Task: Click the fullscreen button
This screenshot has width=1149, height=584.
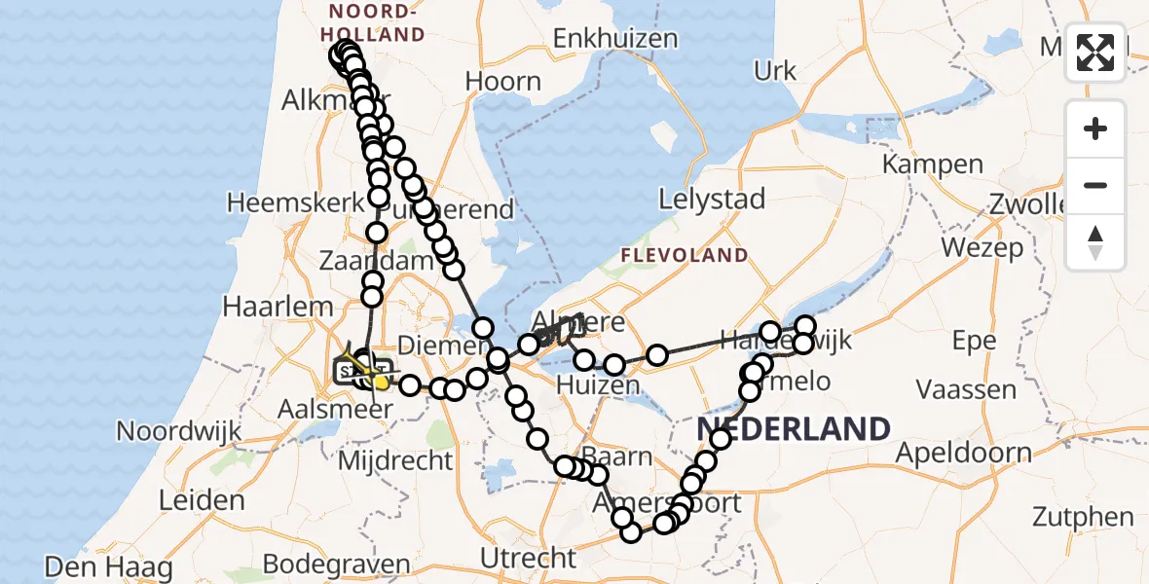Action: [1095, 52]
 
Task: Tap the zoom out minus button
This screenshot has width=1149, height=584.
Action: [1095, 186]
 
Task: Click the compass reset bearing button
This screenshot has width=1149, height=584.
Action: [1095, 242]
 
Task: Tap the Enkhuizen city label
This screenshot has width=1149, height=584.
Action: [614, 39]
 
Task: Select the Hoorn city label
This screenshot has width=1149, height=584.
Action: [502, 82]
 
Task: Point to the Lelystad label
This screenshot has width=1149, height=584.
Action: [712, 200]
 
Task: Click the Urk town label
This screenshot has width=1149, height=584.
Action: [775, 71]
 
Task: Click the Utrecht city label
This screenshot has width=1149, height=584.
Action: [530, 558]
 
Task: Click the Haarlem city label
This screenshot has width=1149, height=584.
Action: [264, 306]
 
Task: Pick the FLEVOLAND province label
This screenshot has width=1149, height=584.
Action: [686, 256]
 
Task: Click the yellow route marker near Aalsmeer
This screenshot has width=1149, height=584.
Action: [382, 383]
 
